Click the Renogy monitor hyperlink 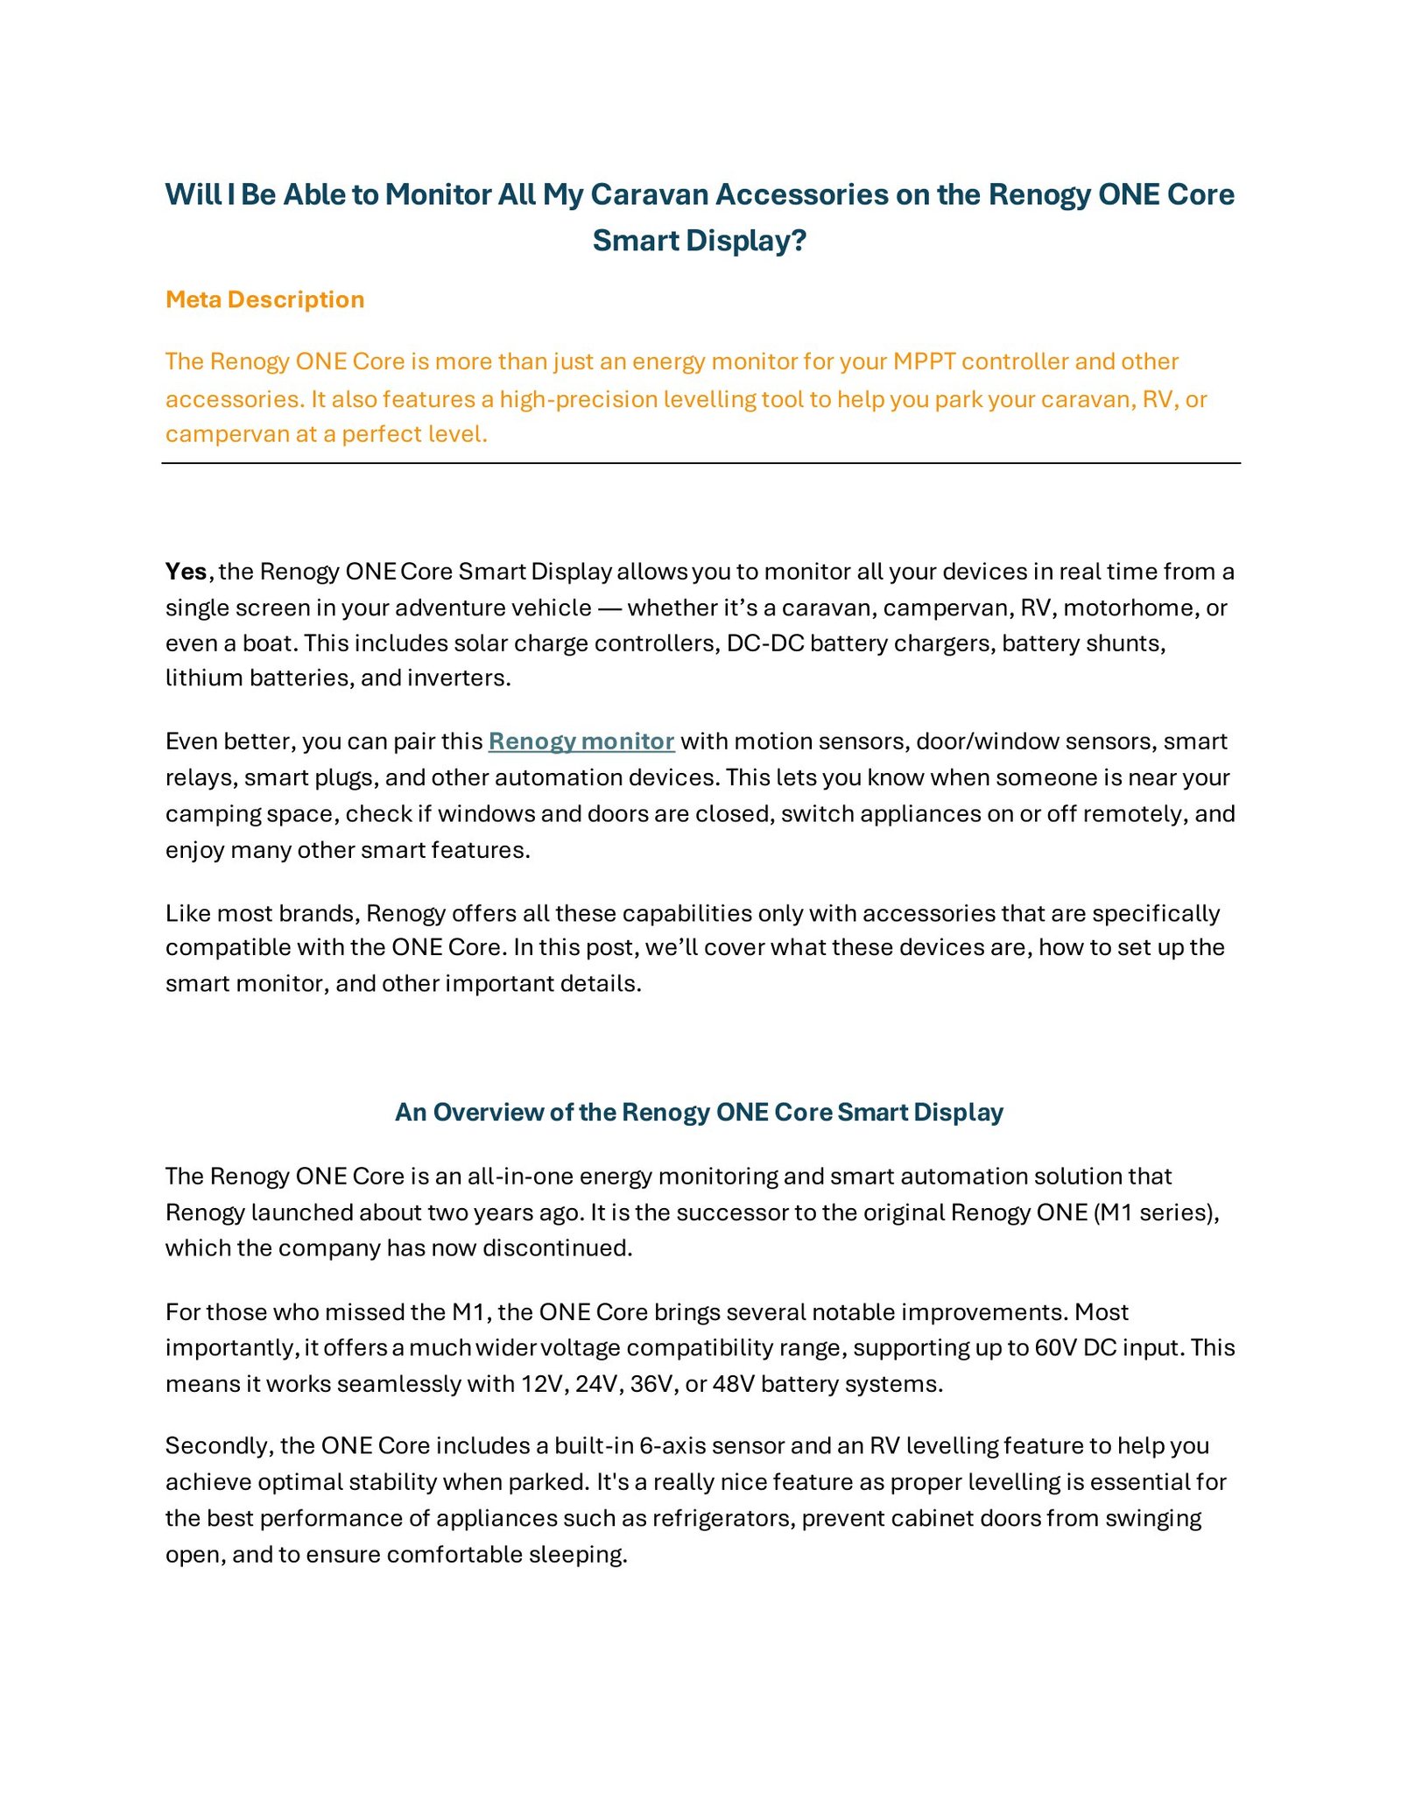[x=581, y=741]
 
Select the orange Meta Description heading [x=264, y=299]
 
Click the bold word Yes [x=186, y=572]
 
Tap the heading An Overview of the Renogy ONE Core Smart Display [x=699, y=1112]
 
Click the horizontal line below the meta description [x=700, y=463]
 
